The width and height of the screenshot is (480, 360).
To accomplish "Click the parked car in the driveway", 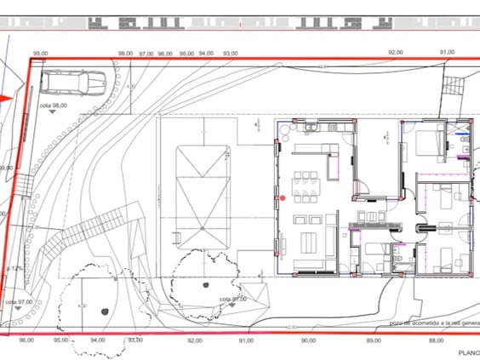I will (x=74, y=83).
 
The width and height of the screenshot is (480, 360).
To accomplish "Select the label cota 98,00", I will (x=54, y=106).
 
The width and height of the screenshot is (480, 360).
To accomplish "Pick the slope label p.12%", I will (x=14, y=268).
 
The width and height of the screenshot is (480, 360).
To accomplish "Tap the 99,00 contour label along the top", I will (x=38, y=54).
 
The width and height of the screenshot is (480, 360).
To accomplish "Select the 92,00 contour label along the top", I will (x=395, y=53).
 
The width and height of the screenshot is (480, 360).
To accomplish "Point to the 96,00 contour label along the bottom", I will (x=26, y=340).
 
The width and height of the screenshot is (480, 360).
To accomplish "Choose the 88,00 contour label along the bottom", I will (x=436, y=340).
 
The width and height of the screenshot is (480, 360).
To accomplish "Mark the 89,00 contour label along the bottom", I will (x=374, y=340).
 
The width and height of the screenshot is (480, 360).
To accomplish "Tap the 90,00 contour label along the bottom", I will (x=308, y=340).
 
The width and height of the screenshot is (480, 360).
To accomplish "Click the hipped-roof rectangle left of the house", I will (x=202, y=197).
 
